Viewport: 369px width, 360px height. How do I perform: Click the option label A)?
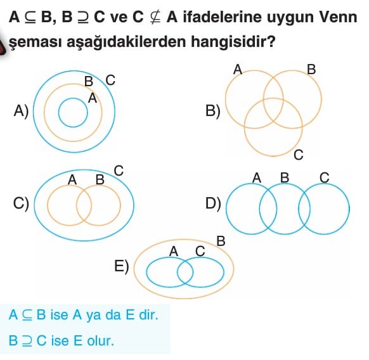click(x=21, y=111)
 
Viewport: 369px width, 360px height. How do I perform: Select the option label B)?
click(x=213, y=111)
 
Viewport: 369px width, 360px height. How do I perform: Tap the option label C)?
click(x=21, y=203)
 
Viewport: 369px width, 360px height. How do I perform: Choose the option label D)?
click(x=213, y=203)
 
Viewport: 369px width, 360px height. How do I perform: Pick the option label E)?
click(x=122, y=266)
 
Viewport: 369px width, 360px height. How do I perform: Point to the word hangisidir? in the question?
click(x=233, y=41)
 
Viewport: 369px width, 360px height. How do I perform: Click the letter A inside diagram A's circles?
click(x=93, y=98)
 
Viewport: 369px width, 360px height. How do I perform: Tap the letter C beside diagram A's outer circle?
click(x=110, y=80)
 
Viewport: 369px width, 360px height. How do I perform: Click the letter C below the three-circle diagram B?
click(x=299, y=155)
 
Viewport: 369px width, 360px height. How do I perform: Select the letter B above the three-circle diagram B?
click(x=311, y=70)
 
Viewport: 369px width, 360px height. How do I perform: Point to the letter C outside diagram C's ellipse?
click(x=119, y=170)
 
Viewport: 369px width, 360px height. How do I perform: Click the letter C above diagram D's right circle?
click(x=324, y=177)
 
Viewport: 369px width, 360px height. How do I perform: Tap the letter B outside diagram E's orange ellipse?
click(x=221, y=241)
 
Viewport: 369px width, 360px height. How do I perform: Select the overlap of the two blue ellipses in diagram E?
click(x=185, y=273)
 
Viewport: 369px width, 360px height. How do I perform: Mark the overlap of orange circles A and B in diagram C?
click(x=84, y=205)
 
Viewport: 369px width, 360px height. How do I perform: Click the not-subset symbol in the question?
click(x=155, y=17)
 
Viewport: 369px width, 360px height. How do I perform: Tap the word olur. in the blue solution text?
click(x=100, y=340)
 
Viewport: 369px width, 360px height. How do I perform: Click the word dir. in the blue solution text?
click(x=148, y=314)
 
